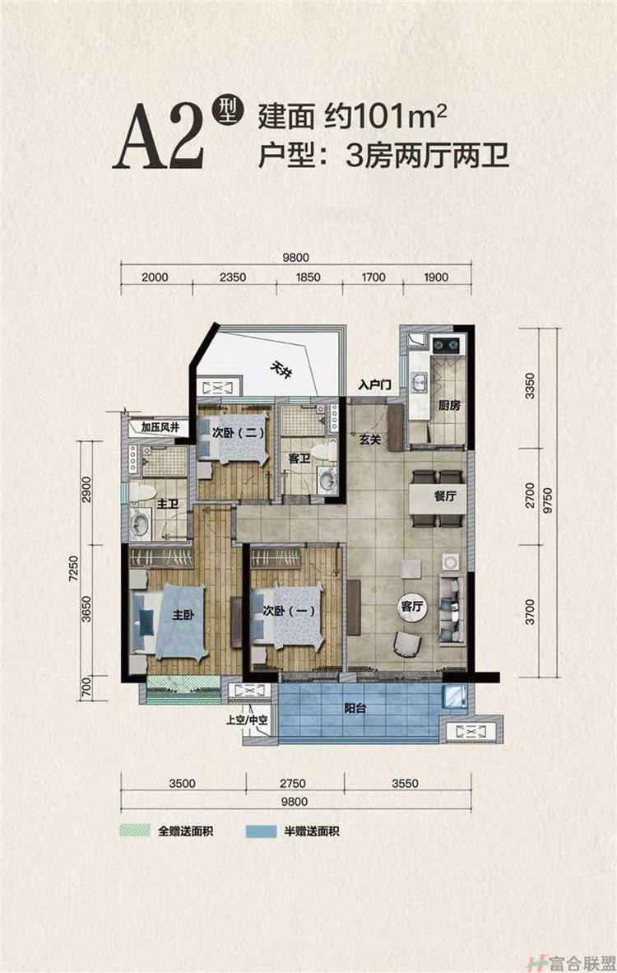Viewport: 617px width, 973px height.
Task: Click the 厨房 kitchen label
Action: [449, 406]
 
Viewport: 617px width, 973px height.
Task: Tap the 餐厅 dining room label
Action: [445, 496]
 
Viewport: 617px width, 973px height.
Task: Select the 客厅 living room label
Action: [412, 606]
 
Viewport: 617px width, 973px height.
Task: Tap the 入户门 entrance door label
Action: [374, 385]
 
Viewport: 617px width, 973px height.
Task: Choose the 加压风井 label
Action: [160, 427]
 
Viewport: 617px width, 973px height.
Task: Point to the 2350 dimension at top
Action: [233, 277]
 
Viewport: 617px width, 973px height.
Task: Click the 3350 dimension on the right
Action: [529, 386]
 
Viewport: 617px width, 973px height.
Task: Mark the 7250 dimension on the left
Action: [74, 568]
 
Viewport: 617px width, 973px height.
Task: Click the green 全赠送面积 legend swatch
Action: [135, 831]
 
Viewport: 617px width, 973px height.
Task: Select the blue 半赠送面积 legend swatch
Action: [261, 831]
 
